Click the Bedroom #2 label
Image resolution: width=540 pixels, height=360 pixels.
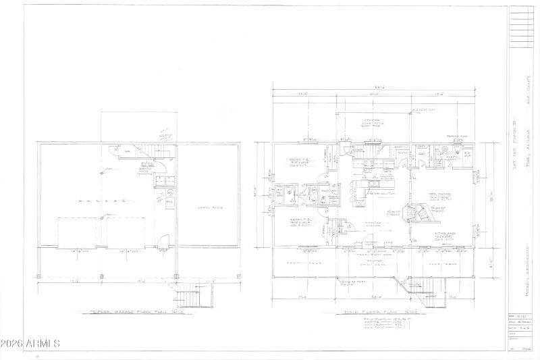(298, 163)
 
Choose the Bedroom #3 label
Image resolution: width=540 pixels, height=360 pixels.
(298, 225)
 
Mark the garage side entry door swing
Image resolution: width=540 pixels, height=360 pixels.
(163, 239)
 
